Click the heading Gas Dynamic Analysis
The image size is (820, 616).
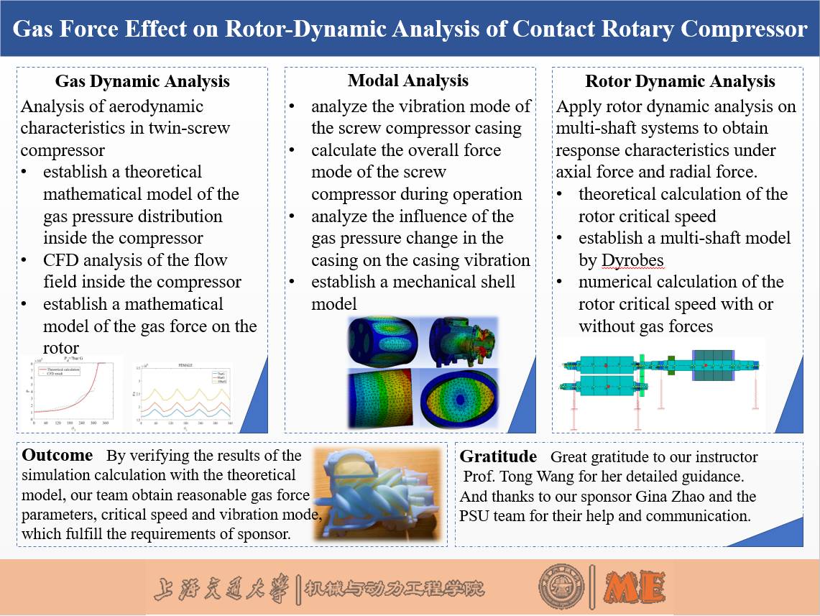click(x=142, y=81)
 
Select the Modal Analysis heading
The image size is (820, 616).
click(x=408, y=81)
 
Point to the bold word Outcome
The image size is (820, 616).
click(x=57, y=456)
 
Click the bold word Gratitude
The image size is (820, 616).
click(x=498, y=457)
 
